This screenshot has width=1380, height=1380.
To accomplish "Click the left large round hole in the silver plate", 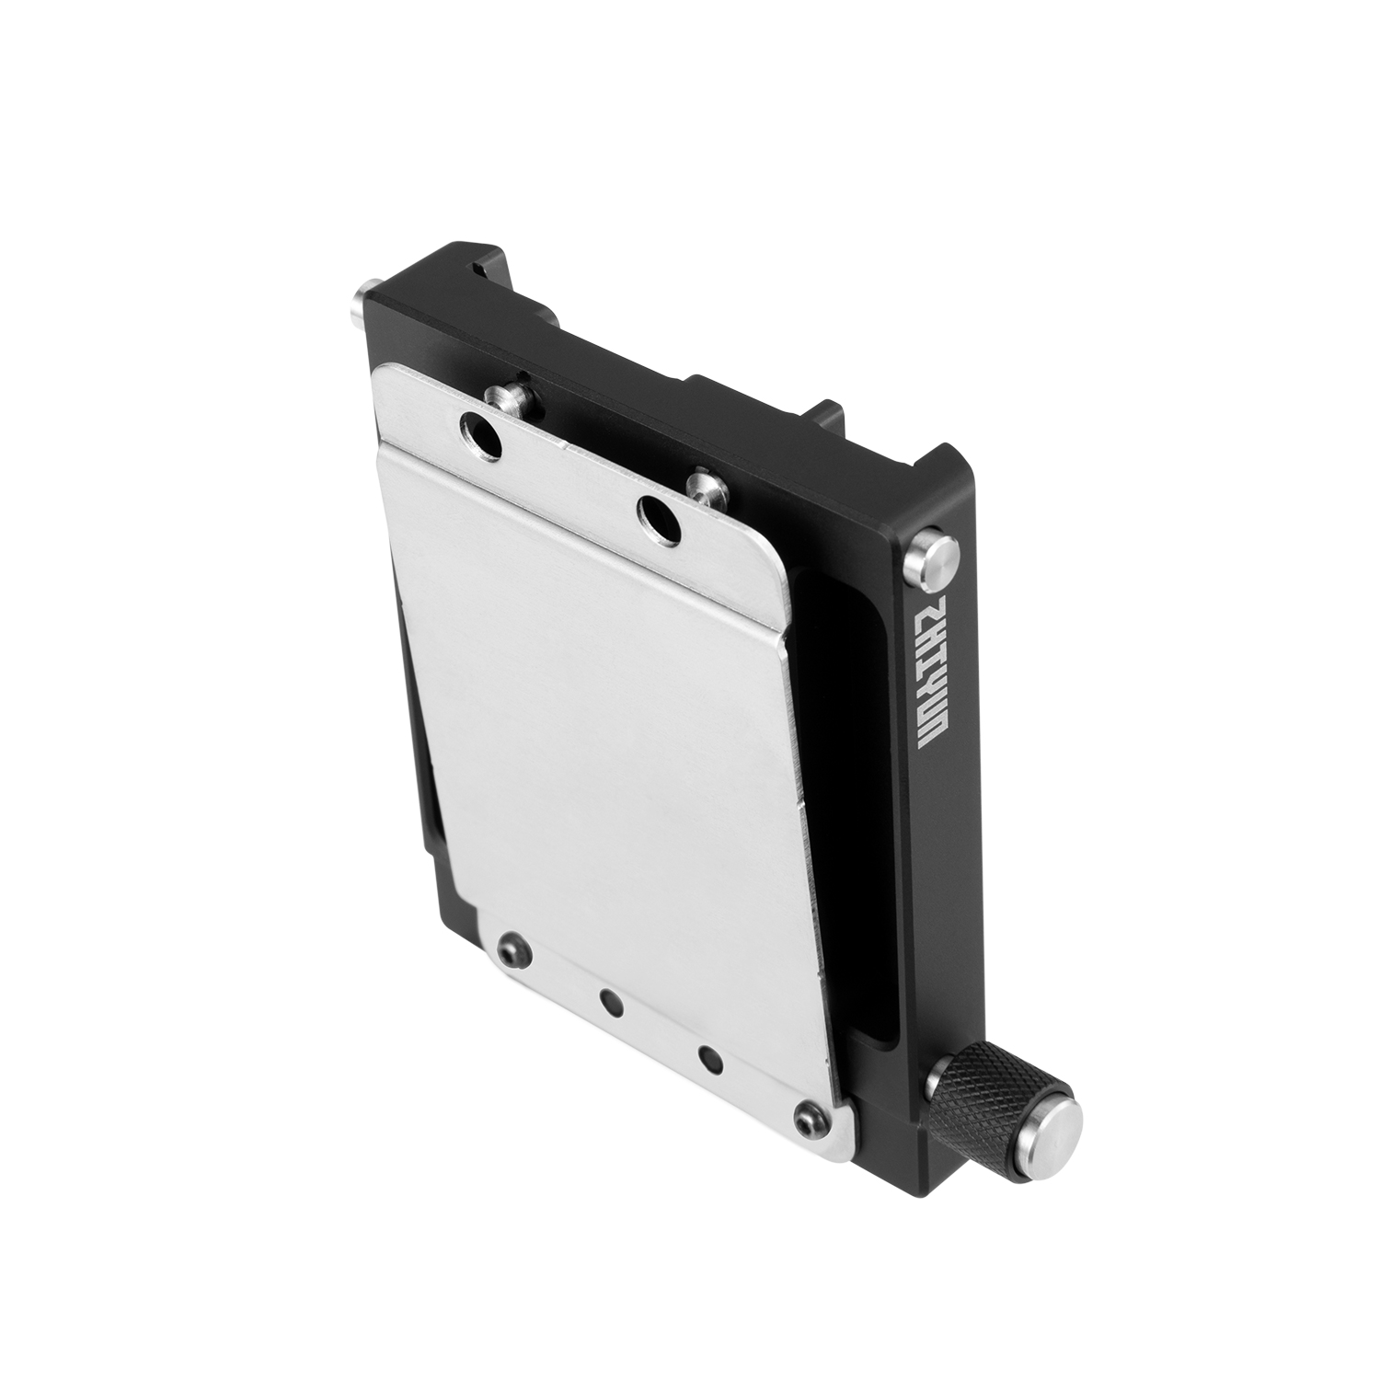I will pos(479,435).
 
